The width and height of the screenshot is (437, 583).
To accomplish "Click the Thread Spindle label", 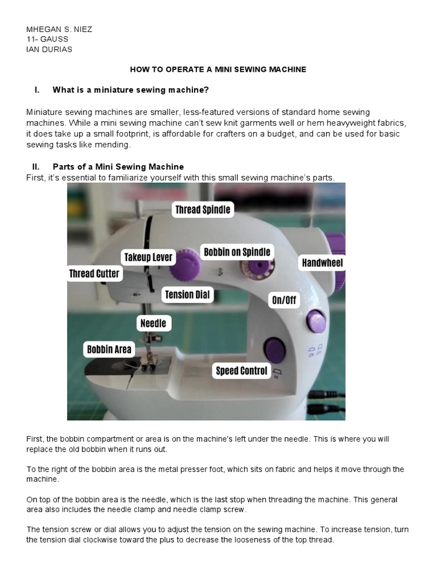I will pyautogui.click(x=203, y=210).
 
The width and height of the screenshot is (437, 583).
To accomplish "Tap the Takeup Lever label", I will pyautogui.click(x=148, y=257).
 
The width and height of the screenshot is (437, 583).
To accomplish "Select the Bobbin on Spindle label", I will pyautogui.click(x=237, y=252).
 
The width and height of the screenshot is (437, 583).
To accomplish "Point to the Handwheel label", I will pyautogui.click(x=322, y=262).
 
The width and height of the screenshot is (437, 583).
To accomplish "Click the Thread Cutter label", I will pyautogui.click(x=94, y=274).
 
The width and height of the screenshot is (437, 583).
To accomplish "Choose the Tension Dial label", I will pyautogui.click(x=187, y=295).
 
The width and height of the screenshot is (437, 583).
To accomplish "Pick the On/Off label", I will pyautogui.click(x=284, y=299).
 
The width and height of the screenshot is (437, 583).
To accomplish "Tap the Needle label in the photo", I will pyautogui.click(x=153, y=323).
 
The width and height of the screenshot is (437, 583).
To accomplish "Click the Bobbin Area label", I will pyautogui.click(x=109, y=350).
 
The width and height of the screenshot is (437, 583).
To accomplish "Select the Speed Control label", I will pyautogui.click(x=241, y=371).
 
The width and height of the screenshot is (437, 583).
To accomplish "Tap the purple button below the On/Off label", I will pyautogui.click(x=316, y=321).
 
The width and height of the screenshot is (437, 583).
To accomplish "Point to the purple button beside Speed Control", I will pyautogui.click(x=275, y=349).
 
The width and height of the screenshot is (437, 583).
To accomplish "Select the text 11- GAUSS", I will pyautogui.click(x=47, y=39).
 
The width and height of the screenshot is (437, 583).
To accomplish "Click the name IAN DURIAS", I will pyautogui.click(x=50, y=49).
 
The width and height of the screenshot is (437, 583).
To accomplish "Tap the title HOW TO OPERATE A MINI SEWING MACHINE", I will pyautogui.click(x=218, y=69).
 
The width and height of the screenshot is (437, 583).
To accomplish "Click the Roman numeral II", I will pyautogui.click(x=36, y=167).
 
